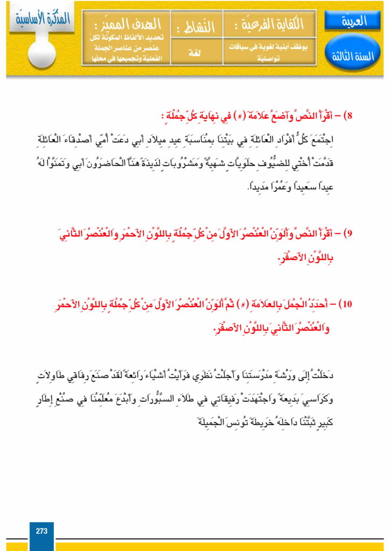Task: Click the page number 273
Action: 41,531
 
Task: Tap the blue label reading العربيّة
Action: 353,21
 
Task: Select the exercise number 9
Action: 349,234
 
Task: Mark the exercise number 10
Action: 346,304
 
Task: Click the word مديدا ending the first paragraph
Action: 233,187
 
